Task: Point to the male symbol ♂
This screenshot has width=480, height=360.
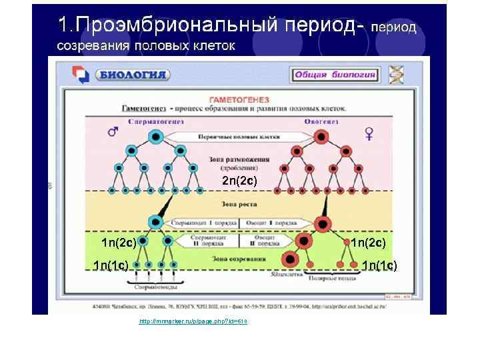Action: pos(113,132)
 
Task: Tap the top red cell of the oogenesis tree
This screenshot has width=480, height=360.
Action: pos(323,137)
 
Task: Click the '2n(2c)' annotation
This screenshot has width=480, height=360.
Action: pos(239,181)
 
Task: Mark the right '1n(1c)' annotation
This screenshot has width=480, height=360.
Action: pos(379,266)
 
